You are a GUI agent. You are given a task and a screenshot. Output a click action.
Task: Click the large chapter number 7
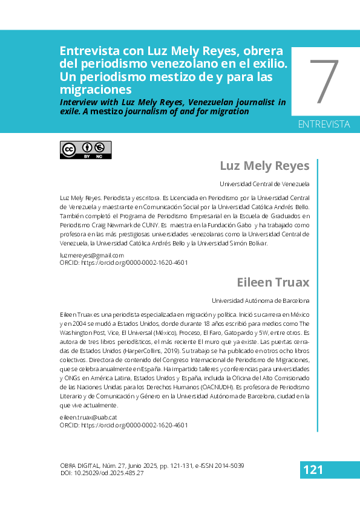tap(324, 82)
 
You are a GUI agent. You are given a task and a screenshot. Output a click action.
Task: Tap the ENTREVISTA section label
tap(324, 125)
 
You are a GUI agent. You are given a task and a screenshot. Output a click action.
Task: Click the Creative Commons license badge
tap(85, 150)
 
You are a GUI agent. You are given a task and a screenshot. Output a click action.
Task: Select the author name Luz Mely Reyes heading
tap(264, 166)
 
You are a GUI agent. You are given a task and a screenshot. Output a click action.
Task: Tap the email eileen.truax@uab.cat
tap(88, 417)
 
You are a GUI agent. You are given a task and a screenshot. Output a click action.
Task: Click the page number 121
tap(313, 470)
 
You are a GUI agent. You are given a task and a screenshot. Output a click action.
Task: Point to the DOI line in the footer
tap(102, 473)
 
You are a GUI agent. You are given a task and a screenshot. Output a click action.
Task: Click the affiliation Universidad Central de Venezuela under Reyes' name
tap(264, 184)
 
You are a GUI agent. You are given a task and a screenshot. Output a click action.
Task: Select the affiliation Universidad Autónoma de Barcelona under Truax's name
tap(261, 300)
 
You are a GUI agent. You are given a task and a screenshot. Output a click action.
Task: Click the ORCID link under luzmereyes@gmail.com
tap(123, 263)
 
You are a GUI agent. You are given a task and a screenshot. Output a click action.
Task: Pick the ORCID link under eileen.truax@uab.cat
tap(123, 425)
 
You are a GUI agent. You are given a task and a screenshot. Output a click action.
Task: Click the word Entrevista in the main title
tap(89, 51)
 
